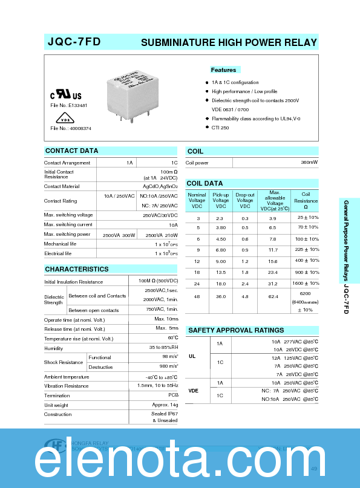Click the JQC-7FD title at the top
pos(74,42)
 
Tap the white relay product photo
pos(129,96)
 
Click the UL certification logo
pos(65,96)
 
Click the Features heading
pos(224,70)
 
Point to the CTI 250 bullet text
pos(220,128)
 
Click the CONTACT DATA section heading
pos(72,151)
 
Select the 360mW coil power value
pos(309,163)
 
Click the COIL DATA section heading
pos(205,183)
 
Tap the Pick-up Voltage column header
pos(221,200)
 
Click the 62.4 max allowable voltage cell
pos(273,297)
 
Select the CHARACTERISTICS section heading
pos(77,269)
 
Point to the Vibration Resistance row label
pos(66,386)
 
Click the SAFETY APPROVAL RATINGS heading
pos(236,330)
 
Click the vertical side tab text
pos(346,256)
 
